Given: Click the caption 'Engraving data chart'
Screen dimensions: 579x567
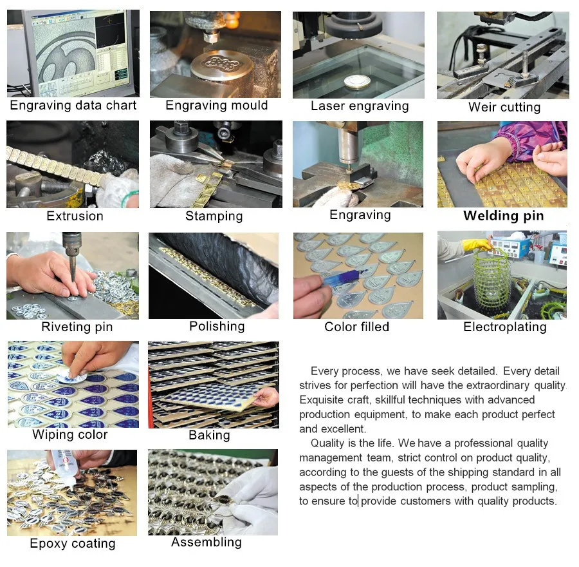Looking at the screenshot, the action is point(73,106).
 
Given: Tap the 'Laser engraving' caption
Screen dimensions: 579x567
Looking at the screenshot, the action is point(360,106).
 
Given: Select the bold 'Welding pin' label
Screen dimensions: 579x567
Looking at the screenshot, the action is point(504,216).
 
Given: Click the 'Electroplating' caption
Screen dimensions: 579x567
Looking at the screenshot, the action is point(505,327).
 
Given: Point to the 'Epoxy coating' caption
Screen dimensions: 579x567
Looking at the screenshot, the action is point(73,543).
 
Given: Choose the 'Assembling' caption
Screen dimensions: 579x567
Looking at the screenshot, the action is point(207,543).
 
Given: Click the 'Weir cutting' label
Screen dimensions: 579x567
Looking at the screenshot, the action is point(504,107).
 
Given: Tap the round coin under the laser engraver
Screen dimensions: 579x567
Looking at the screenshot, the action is point(356,82).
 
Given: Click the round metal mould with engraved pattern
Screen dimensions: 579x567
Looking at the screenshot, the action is point(221,66).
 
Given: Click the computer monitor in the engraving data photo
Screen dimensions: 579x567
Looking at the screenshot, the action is point(78,53).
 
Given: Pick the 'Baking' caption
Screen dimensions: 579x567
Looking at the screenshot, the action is point(209,436).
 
